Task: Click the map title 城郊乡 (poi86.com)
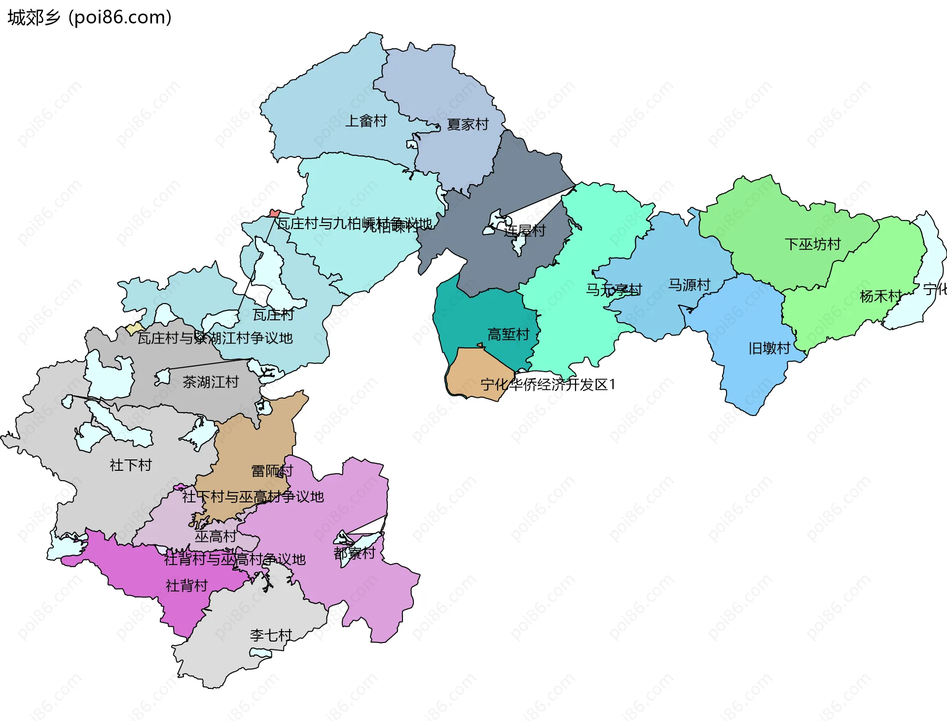89,18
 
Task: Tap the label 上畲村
365,121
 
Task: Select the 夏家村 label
468,124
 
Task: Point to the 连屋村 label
525,231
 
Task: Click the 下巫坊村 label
812,244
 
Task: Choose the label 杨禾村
880,296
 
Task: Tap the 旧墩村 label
769,348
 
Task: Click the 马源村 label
689,285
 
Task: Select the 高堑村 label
508,335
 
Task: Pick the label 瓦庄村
273,314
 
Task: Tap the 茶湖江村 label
211,382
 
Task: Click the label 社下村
131,465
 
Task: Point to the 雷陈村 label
272,471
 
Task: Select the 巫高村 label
216,536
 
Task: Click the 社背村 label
186,586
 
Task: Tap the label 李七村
271,635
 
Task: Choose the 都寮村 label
355,553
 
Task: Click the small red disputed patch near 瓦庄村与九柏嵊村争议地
274,213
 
